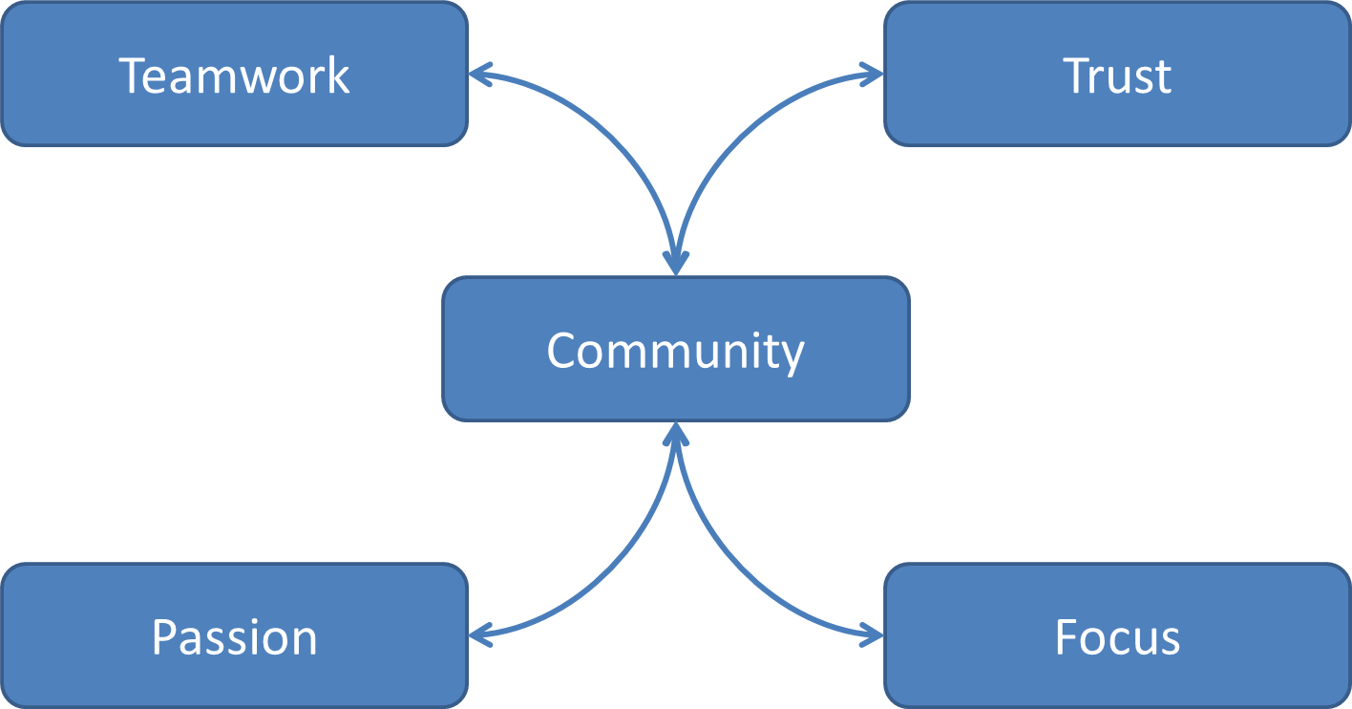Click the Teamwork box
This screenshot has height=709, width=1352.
coord(234,74)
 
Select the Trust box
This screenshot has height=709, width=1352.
coord(1117,74)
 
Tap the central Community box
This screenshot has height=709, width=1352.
coord(675,349)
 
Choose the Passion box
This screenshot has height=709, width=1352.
coord(234,635)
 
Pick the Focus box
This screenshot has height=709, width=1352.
coord(1117,635)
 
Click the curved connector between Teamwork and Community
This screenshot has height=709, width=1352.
coord(611,134)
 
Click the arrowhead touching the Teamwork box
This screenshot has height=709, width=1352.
coord(479,74)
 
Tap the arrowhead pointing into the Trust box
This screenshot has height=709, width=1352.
coord(873,74)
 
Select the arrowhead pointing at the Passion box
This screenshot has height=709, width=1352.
coord(479,632)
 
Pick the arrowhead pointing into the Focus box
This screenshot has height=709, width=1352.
coord(873,632)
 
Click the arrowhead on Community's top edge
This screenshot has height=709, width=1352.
coord(676,262)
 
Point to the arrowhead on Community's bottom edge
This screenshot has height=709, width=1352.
coord(676,435)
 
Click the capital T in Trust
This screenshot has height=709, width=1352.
coord(1078,75)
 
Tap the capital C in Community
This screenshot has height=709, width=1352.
coord(563,351)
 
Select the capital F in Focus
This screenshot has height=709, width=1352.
coord(1067,637)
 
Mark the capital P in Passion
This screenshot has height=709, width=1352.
coord(165,637)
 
